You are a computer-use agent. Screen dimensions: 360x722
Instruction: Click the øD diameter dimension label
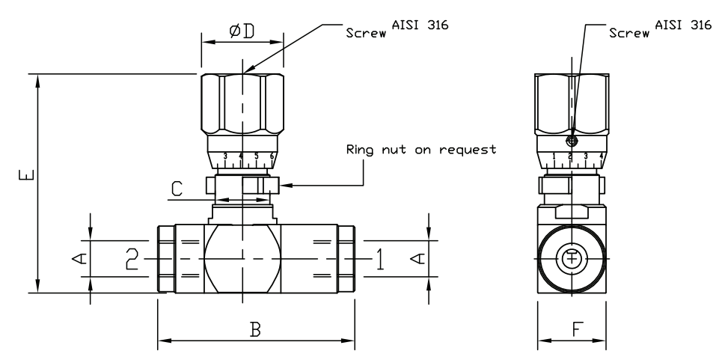pyautogui.click(x=242, y=31)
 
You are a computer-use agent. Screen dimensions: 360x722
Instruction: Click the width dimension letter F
pyautogui.click(x=572, y=329)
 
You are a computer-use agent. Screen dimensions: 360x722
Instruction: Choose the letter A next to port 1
pyautogui.click(x=419, y=258)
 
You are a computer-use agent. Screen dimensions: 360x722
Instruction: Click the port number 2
pyautogui.click(x=132, y=259)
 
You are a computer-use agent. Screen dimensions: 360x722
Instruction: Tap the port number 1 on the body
pyautogui.click(x=380, y=259)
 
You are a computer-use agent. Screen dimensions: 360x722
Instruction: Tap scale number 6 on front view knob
pyautogui.click(x=272, y=156)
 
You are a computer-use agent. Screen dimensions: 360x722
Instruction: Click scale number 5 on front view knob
pyautogui.click(x=257, y=156)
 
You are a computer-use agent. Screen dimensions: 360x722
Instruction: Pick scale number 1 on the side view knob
pyautogui.click(x=554, y=156)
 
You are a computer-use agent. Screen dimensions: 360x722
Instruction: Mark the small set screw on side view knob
pyautogui.click(x=572, y=141)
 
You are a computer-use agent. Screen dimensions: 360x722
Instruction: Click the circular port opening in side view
pyautogui.click(x=572, y=259)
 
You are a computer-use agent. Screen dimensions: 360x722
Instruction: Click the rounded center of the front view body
pyautogui.click(x=242, y=259)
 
